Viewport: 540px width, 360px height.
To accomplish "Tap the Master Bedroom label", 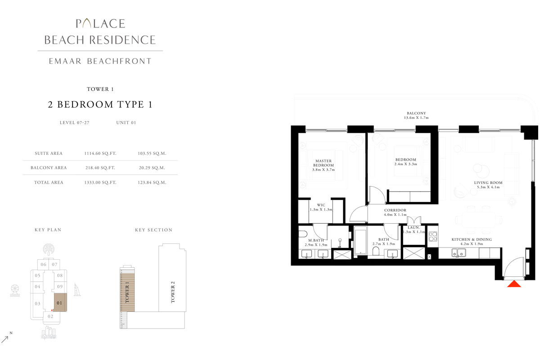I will click(324, 163).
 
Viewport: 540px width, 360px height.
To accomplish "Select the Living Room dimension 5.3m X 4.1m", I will click(488, 188).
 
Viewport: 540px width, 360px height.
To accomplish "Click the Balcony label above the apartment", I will click(416, 113).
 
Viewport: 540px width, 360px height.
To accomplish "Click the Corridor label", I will click(395, 210).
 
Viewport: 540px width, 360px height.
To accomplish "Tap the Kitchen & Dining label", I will click(472, 239).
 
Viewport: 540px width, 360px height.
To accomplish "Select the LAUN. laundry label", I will click(413, 228).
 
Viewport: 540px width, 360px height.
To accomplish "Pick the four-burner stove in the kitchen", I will click(433, 236).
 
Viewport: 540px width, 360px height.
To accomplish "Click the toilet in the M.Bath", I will click(302, 234).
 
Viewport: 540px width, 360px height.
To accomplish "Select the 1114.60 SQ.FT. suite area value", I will click(100, 153).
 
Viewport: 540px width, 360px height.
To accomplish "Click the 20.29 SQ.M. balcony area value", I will click(152, 168).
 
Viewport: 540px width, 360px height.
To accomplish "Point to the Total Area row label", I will click(49, 182).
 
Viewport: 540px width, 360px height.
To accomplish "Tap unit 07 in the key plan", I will click(54, 265).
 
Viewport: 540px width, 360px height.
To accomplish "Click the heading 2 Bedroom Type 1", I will click(100, 105).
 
